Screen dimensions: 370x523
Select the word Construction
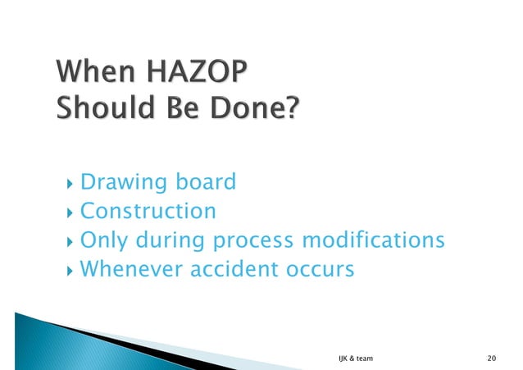point(148,211)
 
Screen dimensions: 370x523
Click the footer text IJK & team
point(354,359)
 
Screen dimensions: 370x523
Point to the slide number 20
point(491,359)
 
